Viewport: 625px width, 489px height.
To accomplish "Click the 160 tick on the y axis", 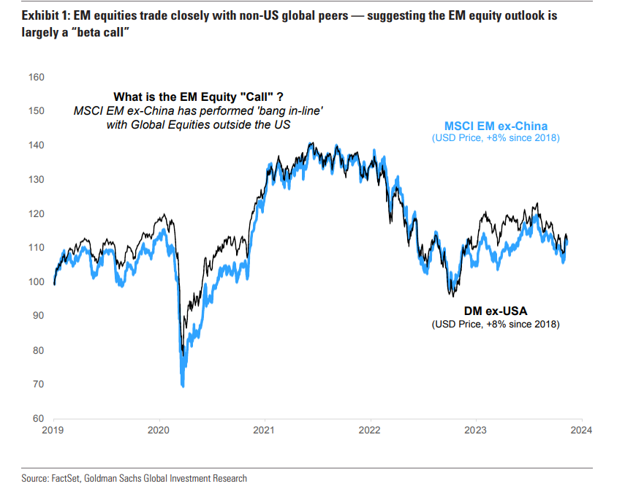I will tap(35, 77).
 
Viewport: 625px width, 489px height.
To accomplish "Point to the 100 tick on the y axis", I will tap(35, 282).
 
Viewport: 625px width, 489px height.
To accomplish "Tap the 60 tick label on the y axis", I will tap(37, 419).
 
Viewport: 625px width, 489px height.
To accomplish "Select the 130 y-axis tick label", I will tap(35, 180).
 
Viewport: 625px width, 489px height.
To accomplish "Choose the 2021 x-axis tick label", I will tap(265, 431).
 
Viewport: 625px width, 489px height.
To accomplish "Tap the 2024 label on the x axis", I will tap(580, 431).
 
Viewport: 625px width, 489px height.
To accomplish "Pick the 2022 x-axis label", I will tap(370, 431).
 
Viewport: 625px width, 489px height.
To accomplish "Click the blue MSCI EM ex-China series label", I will tap(496, 126).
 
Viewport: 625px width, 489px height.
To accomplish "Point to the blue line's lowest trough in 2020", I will tap(182, 386).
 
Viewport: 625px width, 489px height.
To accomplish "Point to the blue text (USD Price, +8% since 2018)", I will tap(496, 138).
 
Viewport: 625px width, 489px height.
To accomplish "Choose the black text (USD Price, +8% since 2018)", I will tap(495, 324).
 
